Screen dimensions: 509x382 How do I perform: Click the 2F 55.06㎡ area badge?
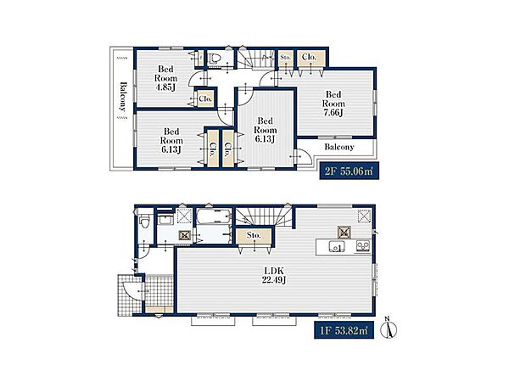click(349, 171)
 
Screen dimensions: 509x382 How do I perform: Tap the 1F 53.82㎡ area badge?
click(344, 330)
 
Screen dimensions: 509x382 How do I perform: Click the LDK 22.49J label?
click(274, 275)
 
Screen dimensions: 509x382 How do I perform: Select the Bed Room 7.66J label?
click(333, 104)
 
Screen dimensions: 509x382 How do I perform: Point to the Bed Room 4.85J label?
click(166, 78)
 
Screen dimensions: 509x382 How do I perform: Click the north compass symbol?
click(390, 328)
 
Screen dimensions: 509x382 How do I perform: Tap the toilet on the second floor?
click(215, 59)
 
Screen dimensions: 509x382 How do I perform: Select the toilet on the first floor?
click(144, 222)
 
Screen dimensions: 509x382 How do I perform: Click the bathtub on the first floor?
click(213, 216)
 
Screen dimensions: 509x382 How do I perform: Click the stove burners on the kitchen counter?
click(362, 246)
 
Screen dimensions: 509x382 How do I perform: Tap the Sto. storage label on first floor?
click(254, 235)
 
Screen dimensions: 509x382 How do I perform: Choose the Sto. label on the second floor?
click(285, 57)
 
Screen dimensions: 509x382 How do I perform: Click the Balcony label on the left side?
click(122, 97)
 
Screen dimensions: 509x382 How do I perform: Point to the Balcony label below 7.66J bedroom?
click(338, 147)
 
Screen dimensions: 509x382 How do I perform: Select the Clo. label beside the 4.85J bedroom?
click(205, 98)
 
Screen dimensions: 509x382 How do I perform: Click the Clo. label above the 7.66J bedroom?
click(309, 57)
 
